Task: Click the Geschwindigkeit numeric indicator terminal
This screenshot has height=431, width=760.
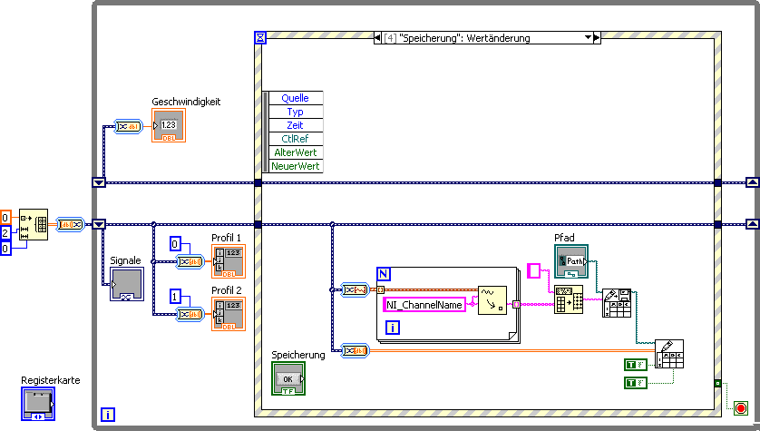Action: (169, 125)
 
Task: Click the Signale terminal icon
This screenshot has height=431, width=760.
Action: (126, 284)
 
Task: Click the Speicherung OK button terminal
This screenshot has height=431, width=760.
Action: (288, 378)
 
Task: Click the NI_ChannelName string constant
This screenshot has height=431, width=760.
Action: (424, 305)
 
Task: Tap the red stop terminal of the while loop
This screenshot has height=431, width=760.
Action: (741, 409)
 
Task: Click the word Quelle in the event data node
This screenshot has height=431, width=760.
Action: (295, 98)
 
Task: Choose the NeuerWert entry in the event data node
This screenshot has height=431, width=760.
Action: (295, 166)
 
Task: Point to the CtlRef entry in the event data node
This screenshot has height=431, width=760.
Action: (295, 139)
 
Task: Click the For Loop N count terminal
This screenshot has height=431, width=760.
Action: (384, 273)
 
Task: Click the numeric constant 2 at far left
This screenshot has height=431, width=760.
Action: (5, 232)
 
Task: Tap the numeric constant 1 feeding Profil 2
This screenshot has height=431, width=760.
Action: (176, 297)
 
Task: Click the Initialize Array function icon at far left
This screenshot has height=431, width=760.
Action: (34, 224)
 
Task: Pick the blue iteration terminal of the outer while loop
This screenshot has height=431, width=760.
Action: (109, 416)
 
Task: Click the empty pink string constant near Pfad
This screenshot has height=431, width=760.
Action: (534, 270)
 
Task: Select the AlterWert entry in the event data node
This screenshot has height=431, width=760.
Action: (295, 152)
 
